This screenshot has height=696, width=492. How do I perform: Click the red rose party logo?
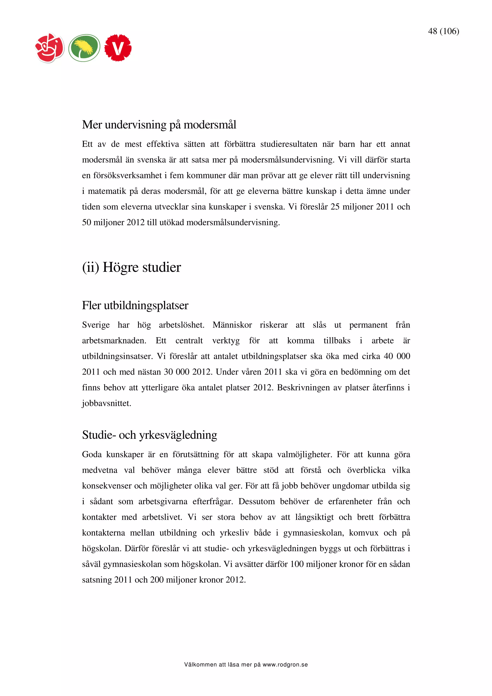point(50,48)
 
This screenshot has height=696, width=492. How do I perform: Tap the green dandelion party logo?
point(84,48)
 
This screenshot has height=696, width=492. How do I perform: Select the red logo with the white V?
point(118,48)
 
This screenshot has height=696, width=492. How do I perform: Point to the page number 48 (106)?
point(443,31)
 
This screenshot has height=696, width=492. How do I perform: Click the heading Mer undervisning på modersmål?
point(159,125)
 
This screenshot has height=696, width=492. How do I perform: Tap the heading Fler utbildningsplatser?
point(135,305)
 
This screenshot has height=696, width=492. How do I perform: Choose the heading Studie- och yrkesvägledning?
point(149,435)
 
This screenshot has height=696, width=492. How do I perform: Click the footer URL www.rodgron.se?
point(285,665)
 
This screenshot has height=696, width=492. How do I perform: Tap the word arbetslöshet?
point(182,325)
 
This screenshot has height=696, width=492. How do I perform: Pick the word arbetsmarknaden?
point(114,341)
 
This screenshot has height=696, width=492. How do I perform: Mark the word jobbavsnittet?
point(107,403)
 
